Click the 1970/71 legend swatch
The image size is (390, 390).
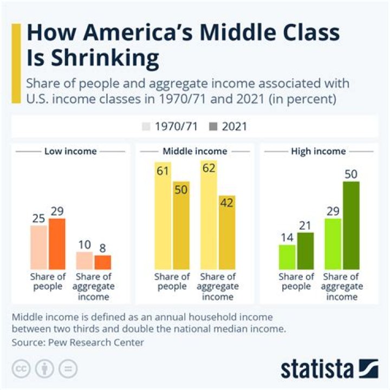(x=147, y=127)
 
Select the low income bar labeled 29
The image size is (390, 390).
(x=57, y=244)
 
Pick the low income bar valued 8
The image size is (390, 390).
(x=102, y=262)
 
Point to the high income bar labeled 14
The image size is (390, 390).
(x=287, y=257)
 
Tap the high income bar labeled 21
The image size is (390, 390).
(x=305, y=251)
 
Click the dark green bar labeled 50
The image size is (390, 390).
(x=351, y=225)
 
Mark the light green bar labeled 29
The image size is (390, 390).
(x=333, y=244)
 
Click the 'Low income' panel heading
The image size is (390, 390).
(x=70, y=151)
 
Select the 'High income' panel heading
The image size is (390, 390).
(x=318, y=151)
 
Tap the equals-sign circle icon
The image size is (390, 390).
(x=68, y=369)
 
